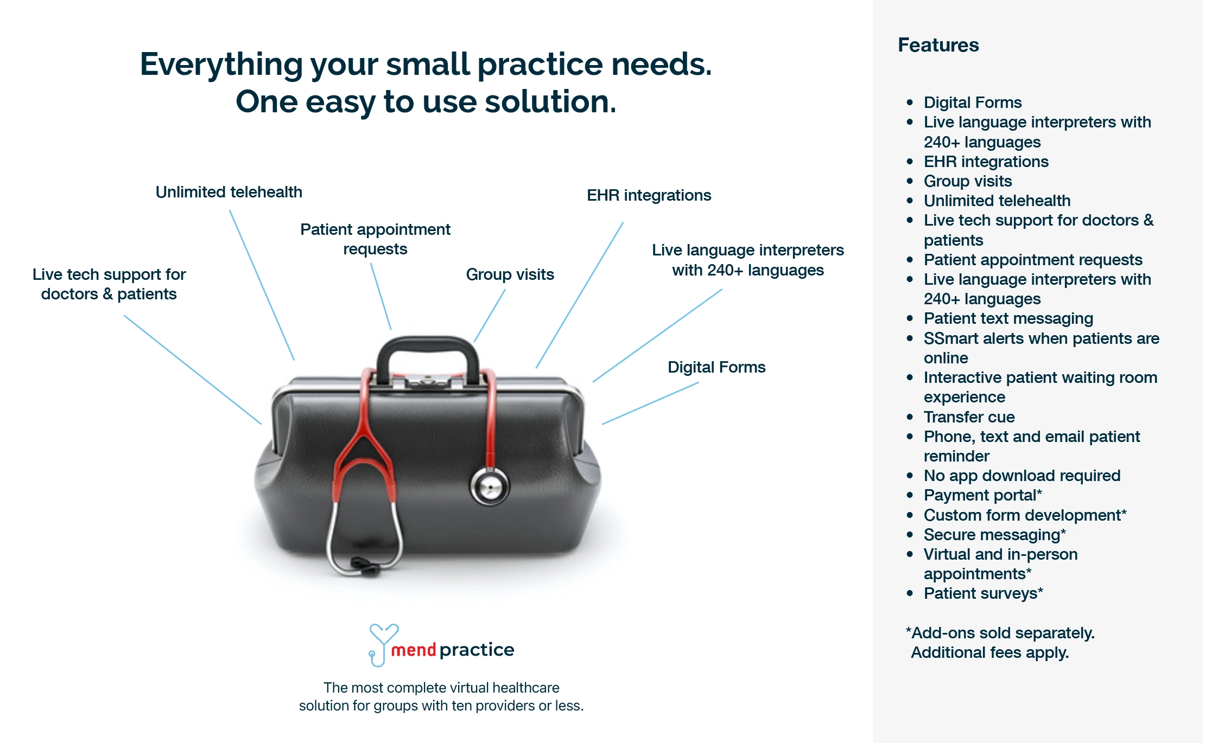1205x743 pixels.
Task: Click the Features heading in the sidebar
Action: [x=938, y=45]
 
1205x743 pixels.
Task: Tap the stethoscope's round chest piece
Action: [x=490, y=486]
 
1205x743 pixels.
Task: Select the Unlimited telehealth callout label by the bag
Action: [x=229, y=192]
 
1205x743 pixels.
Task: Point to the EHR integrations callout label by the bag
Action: [x=649, y=195]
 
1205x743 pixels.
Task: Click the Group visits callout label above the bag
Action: [x=510, y=274]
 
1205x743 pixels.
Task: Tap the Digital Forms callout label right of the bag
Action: [x=716, y=367]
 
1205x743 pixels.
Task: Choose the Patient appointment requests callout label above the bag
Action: [x=375, y=239]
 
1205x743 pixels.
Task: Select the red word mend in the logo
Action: [x=414, y=650]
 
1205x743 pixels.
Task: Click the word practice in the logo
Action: [x=477, y=650]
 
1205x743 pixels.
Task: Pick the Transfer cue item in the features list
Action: [x=969, y=417]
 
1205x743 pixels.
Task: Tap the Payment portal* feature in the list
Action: [x=982, y=495]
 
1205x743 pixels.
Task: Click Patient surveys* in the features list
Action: [x=983, y=593]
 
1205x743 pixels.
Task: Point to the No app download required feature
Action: [x=1022, y=476]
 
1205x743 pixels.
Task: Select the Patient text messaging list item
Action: [x=1008, y=318]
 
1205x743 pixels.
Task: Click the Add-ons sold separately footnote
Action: [x=1000, y=643]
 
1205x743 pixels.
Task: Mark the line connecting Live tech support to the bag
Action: [x=193, y=370]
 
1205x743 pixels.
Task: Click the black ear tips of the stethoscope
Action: [x=365, y=565]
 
